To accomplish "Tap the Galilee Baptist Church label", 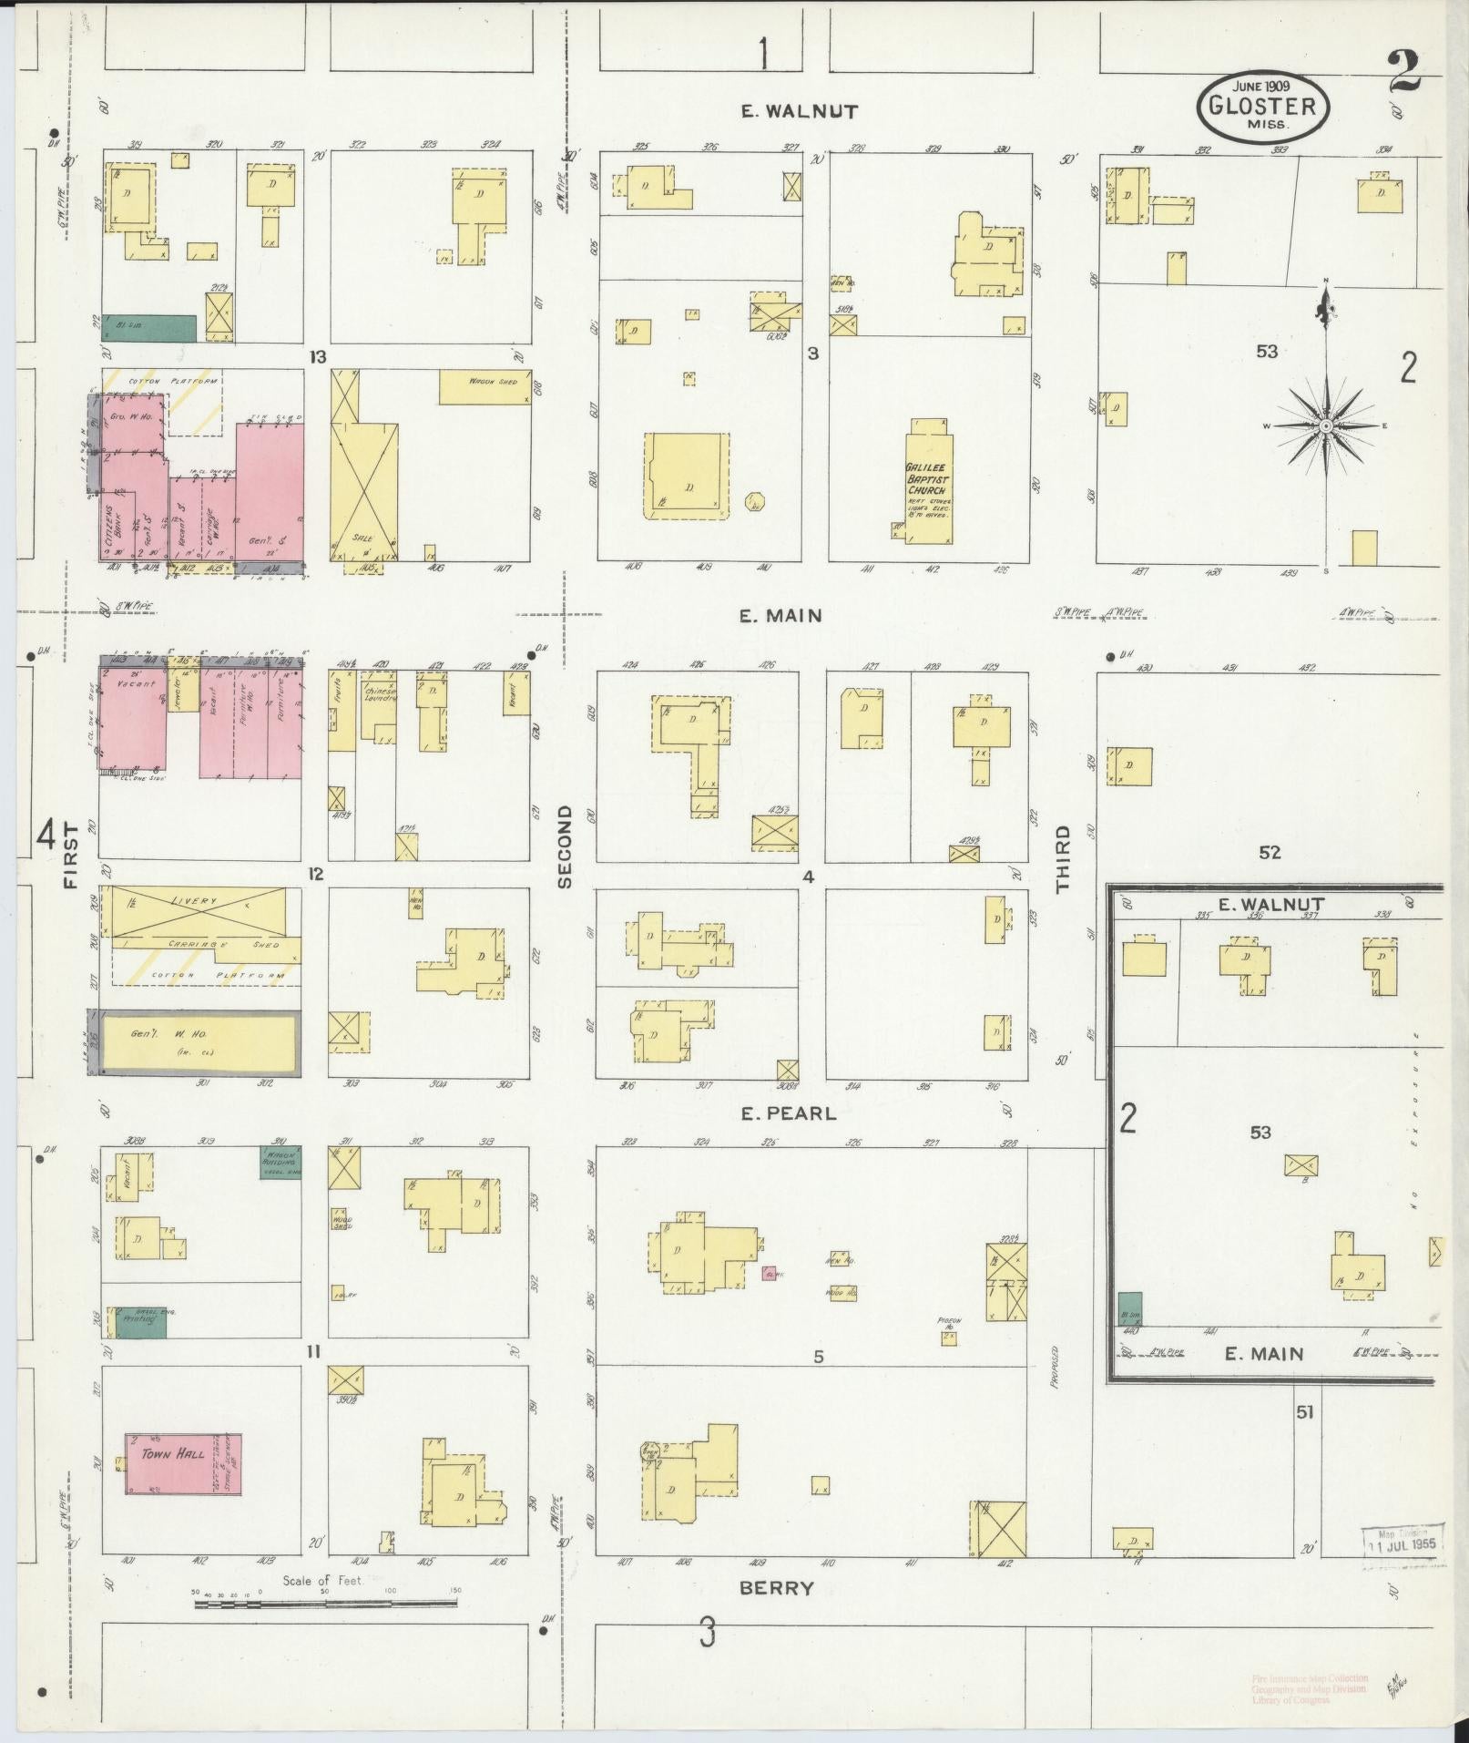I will [927, 477].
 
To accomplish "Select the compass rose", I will [1325, 425].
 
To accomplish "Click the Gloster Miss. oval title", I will [1262, 107].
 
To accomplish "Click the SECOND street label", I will [565, 846].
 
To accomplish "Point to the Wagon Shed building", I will [485, 386].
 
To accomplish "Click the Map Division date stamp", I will [1403, 1541].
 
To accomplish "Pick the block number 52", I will [1270, 853].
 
